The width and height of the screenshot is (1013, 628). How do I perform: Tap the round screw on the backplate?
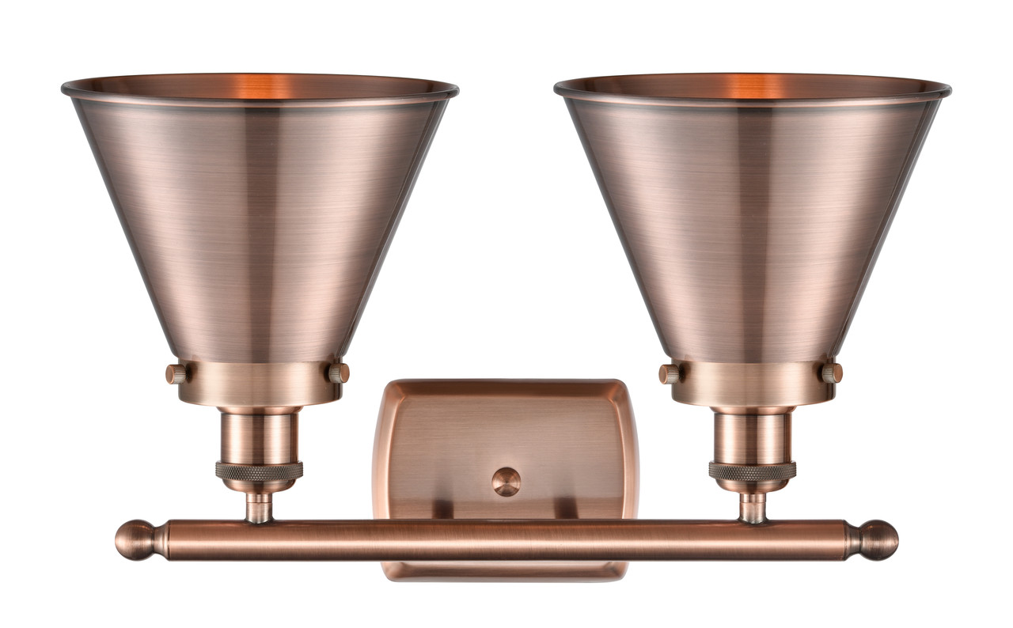(506, 481)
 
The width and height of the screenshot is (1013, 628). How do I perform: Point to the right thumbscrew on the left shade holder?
(340, 373)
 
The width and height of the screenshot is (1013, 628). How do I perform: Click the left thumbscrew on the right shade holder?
(669, 373)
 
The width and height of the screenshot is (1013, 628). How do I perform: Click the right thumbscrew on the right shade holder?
(832, 373)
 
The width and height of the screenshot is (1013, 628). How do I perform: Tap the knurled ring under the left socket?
(259, 471)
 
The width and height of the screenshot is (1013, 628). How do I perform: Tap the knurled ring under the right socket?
(752, 471)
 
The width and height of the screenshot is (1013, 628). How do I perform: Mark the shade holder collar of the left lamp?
(259, 384)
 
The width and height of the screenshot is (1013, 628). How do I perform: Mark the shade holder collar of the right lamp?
(752, 384)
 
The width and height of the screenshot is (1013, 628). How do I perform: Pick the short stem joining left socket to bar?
(259, 507)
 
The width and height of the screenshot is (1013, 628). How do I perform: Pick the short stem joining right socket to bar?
(753, 507)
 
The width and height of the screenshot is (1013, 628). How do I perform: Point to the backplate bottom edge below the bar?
(506, 571)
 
